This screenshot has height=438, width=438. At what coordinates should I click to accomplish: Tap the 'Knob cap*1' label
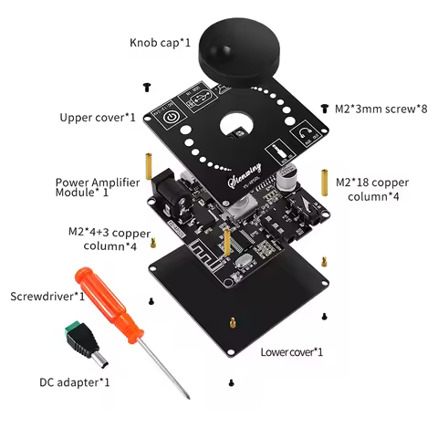click(161, 42)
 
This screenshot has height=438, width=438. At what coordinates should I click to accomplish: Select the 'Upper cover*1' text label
click(98, 118)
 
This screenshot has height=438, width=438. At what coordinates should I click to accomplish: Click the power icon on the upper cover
click(171, 116)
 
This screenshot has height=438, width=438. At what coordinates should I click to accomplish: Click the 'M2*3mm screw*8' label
click(381, 109)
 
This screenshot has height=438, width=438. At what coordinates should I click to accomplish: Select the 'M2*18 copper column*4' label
click(376, 188)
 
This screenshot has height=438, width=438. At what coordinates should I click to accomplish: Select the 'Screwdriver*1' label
click(47, 297)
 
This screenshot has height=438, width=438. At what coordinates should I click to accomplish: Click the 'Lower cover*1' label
click(291, 351)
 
